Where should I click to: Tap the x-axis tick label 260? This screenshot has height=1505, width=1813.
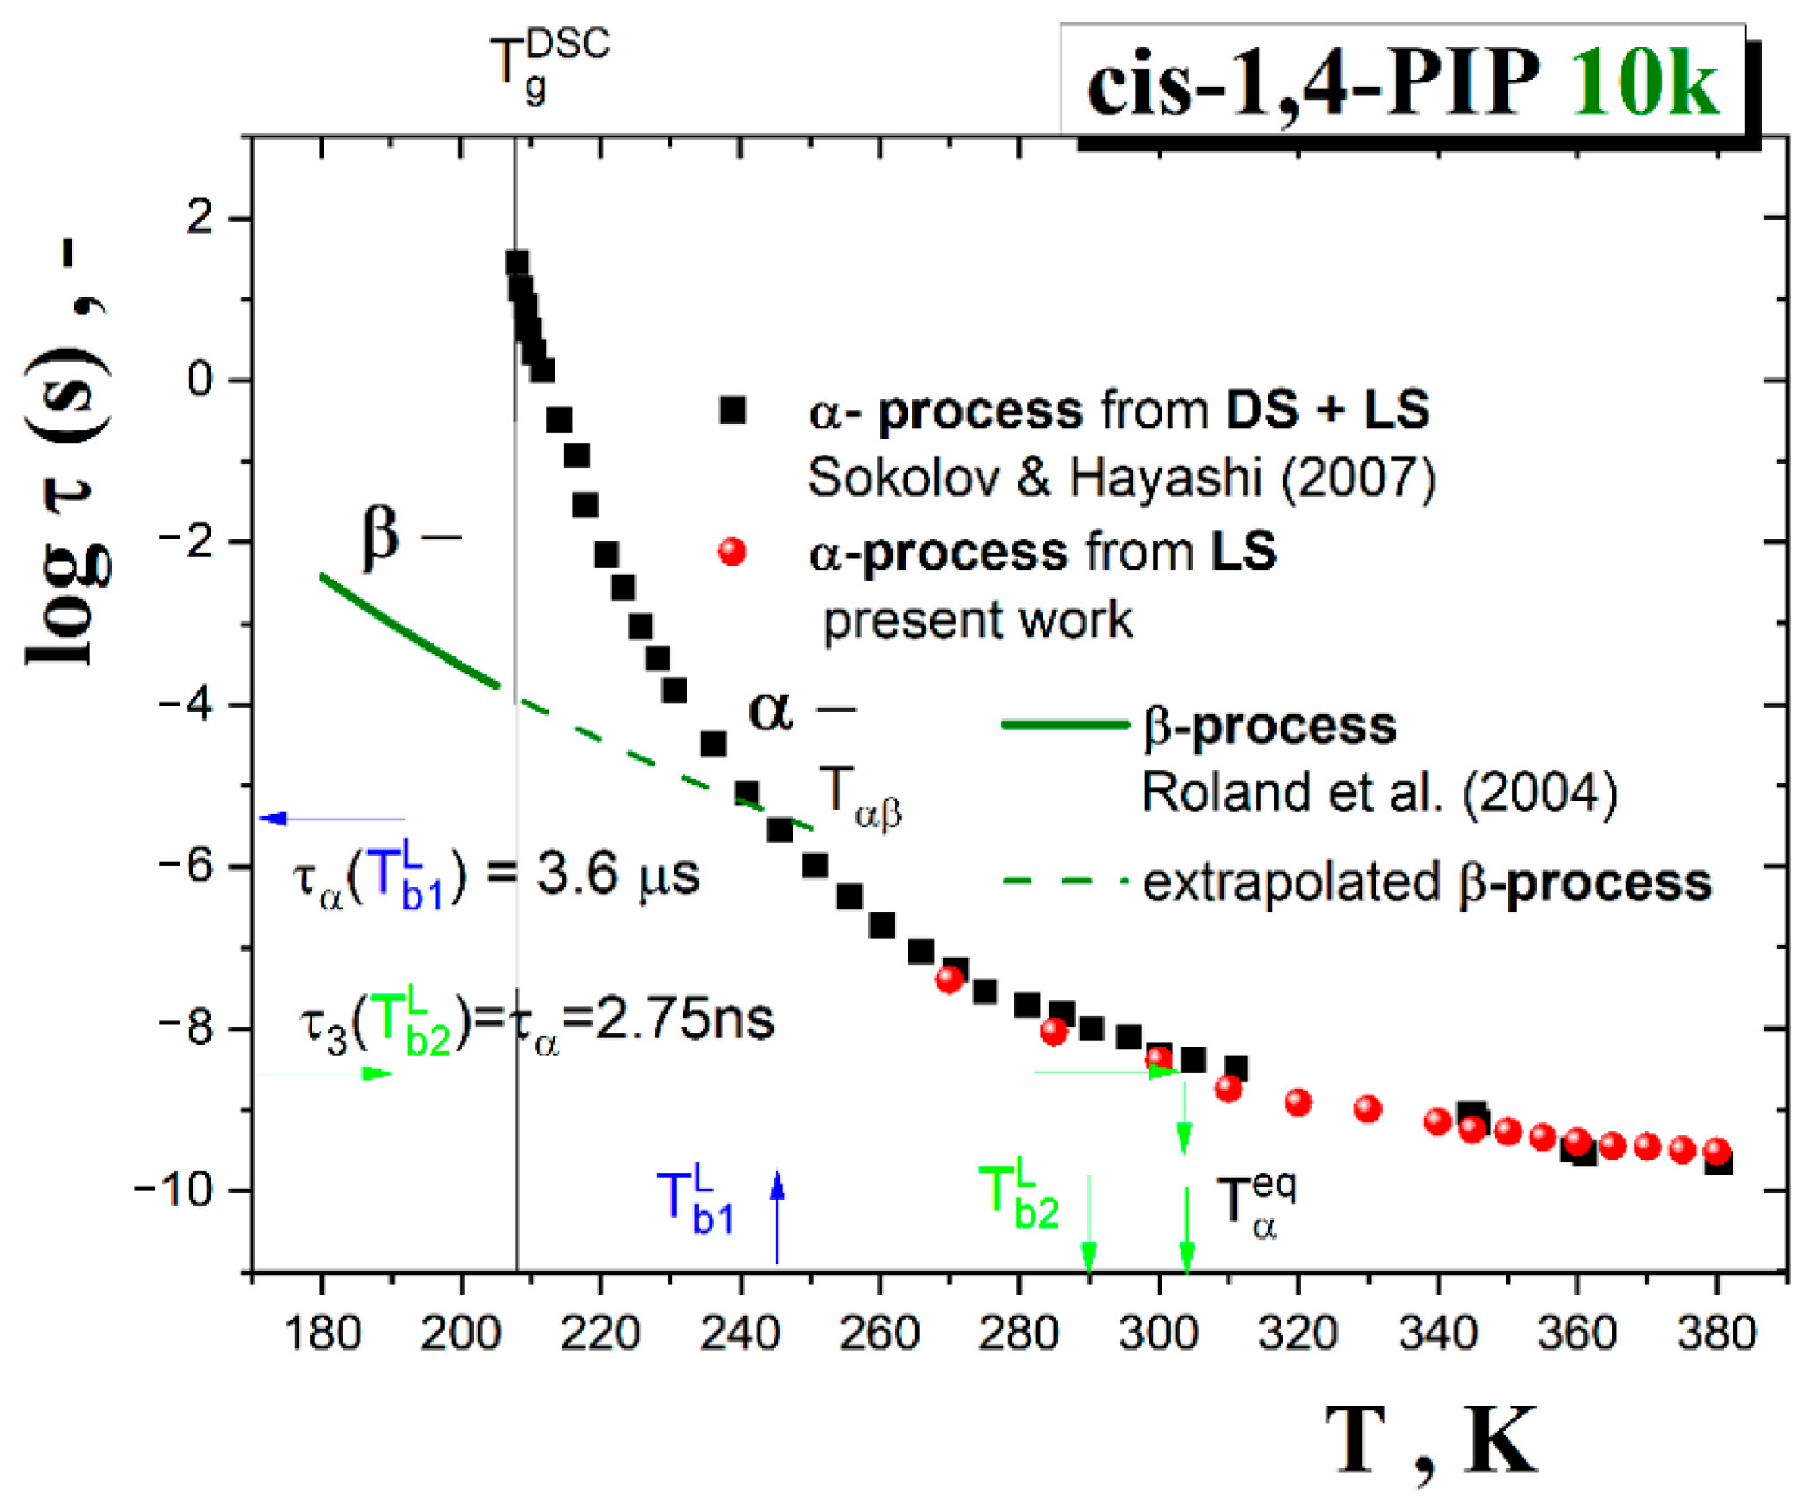[x=878, y=1334]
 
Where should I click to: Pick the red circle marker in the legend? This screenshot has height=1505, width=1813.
[x=732, y=551]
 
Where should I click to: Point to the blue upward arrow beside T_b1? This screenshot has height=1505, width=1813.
[x=777, y=1217]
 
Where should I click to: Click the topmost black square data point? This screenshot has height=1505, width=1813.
[x=516, y=262]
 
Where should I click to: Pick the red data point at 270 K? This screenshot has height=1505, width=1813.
[x=949, y=978]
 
